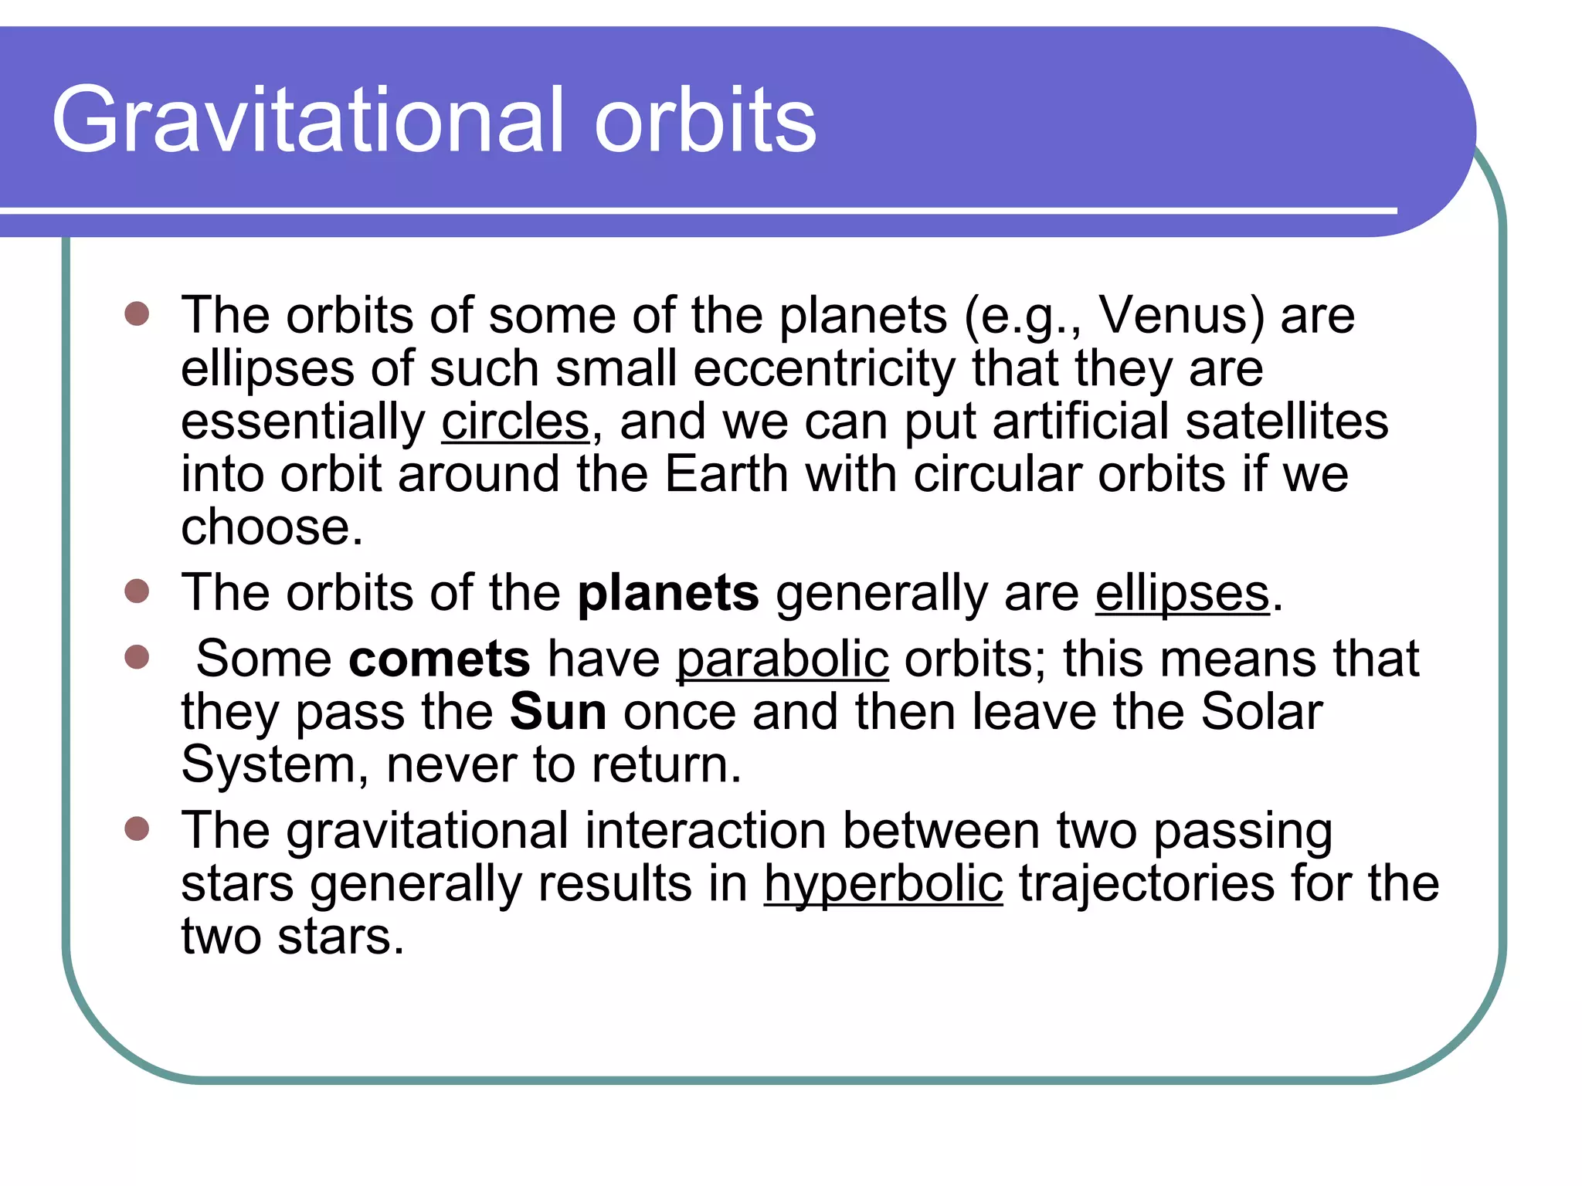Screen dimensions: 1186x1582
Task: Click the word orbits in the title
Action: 704,120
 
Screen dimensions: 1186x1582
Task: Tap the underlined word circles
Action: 515,422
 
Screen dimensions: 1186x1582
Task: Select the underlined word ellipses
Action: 1182,593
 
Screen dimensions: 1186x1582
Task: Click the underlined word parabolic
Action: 783,659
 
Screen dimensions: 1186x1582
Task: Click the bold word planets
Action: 668,593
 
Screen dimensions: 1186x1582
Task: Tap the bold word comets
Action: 440,659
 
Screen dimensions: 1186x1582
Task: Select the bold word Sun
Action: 558,711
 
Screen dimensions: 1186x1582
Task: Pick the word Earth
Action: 726,473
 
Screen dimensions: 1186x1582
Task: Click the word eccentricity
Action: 824,368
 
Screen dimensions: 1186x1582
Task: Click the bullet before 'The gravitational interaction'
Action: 137,829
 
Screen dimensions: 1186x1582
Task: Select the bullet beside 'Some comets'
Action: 137,658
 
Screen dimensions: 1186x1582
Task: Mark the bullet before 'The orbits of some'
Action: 137,314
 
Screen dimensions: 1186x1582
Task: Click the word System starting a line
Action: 267,764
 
